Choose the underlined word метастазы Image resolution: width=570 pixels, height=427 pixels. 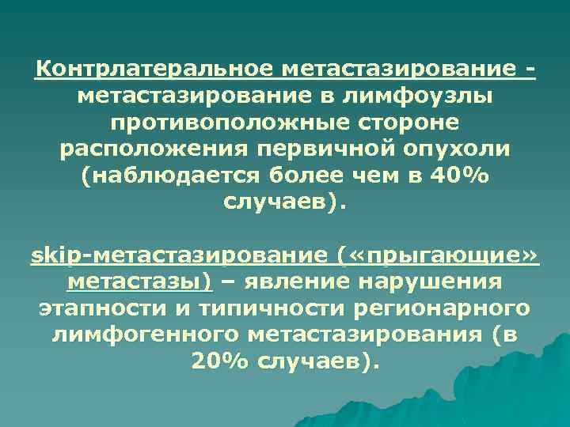139,282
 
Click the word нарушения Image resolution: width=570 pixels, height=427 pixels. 442,282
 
